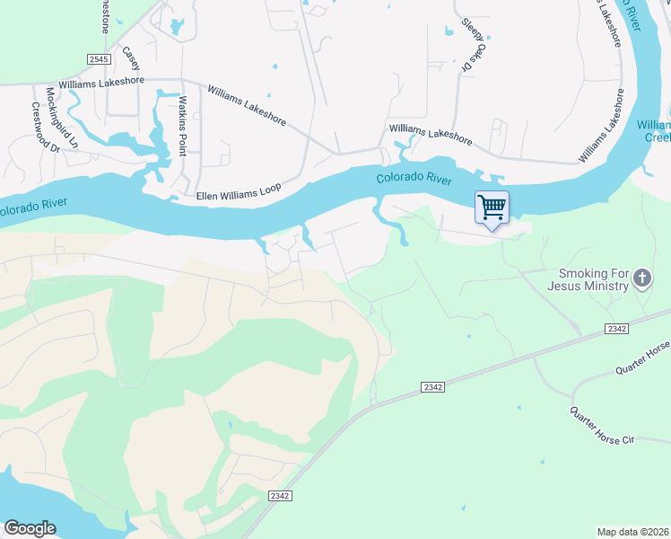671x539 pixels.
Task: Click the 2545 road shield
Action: [x=99, y=59]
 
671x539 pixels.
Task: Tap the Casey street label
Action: [x=132, y=59]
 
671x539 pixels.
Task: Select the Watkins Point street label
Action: [x=182, y=126]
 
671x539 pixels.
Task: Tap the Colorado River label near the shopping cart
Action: [x=414, y=179]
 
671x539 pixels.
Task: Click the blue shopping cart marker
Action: [x=492, y=208]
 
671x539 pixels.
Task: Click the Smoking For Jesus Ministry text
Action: [x=593, y=279]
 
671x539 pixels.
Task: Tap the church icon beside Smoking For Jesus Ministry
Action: [x=641, y=278]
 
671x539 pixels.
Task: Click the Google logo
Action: [x=30, y=528]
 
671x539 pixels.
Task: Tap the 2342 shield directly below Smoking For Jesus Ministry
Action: [x=616, y=330]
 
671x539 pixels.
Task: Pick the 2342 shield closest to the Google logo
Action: [x=281, y=496]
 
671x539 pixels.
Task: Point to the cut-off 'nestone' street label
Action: [x=105, y=16]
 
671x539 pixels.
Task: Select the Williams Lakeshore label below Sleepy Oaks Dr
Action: [x=431, y=135]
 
